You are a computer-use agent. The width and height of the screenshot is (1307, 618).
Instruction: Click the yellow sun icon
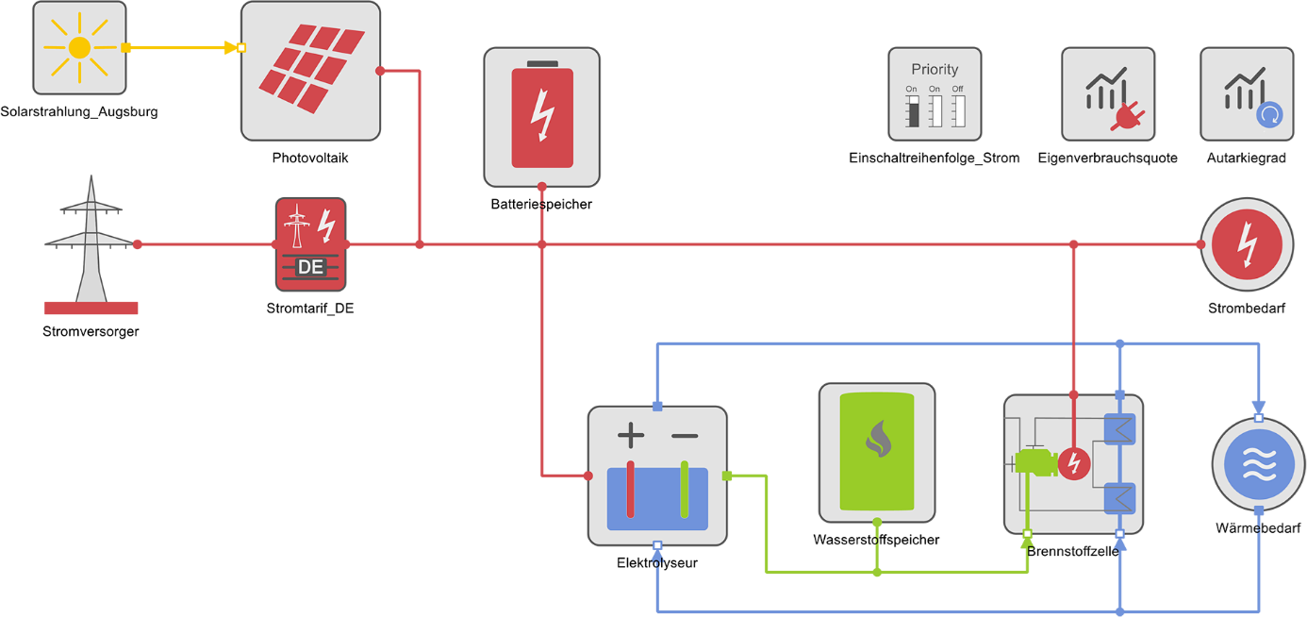(79, 47)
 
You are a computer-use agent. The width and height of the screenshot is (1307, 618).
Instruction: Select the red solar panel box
(311, 70)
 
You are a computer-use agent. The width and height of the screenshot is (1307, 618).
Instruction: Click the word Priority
(935, 70)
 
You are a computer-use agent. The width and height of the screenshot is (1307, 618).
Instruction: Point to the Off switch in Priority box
(958, 108)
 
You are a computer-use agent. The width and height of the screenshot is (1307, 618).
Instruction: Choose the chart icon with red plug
(1108, 94)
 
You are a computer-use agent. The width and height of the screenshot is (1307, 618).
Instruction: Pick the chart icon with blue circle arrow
(1247, 94)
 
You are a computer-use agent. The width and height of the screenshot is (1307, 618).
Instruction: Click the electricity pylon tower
(91, 241)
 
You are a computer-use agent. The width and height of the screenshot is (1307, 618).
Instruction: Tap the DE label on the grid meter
(310, 267)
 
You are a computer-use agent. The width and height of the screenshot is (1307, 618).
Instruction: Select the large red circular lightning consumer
(1247, 244)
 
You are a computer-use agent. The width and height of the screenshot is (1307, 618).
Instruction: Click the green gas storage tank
(877, 453)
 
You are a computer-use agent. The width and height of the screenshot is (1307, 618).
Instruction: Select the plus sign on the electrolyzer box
(631, 435)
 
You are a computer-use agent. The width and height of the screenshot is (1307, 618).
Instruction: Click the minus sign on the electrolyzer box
(685, 436)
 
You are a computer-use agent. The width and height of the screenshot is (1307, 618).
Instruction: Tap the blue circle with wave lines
(1258, 464)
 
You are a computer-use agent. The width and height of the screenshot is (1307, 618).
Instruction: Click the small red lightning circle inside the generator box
(1073, 463)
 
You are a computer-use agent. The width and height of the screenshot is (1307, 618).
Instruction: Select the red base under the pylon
(91, 308)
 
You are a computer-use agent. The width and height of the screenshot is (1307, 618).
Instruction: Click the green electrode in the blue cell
(685, 491)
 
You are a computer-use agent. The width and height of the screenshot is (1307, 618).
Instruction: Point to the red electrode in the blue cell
(631, 491)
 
